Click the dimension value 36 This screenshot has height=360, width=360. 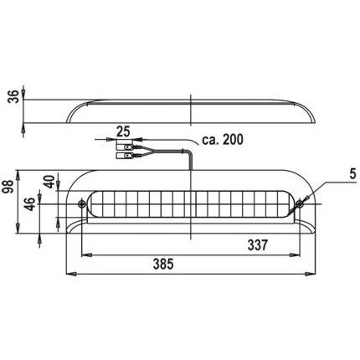tap(14, 96)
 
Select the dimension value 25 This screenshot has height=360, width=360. tap(123, 131)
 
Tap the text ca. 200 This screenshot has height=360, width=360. tap(223, 140)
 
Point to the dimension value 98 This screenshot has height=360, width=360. tap(8, 187)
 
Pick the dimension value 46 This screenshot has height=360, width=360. tap(30, 204)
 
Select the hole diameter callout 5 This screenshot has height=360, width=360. tap(353, 174)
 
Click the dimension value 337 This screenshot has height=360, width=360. tap(258, 245)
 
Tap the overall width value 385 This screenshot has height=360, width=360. tap(163, 264)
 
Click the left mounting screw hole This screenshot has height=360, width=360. tap(81, 203)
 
